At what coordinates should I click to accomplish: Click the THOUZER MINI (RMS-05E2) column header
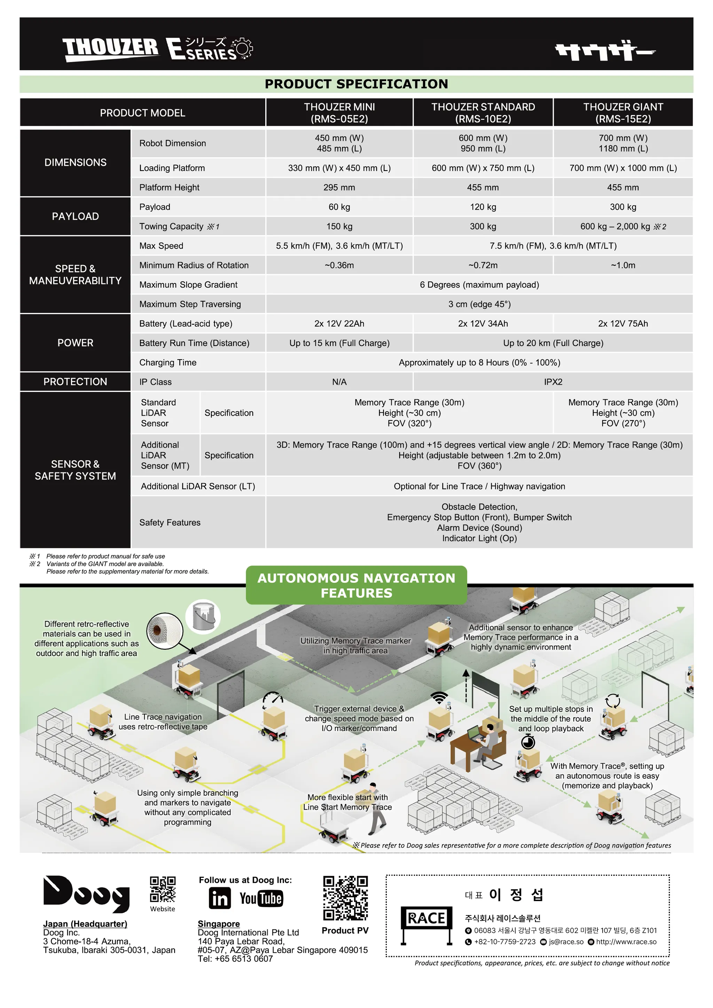click(x=339, y=113)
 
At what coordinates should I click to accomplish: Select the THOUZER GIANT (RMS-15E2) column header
click(x=622, y=113)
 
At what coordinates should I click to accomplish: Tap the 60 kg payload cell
click(x=339, y=207)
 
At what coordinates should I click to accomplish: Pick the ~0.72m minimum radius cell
click(x=483, y=265)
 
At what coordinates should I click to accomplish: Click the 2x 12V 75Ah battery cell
click(x=622, y=324)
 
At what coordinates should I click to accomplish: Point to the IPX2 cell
click(x=553, y=382)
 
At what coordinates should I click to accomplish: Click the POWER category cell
click(x=75, y=343)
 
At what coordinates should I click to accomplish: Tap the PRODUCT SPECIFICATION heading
click(x=356, y=84)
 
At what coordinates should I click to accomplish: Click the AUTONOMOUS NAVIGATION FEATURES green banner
click(x=356, y=585)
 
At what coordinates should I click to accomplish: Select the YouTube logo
click(x=261, y=898)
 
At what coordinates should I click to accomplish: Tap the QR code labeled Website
click(x=163, y=889)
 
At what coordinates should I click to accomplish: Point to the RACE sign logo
click(x=426, y=924)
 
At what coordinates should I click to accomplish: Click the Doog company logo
click(x=86, y=893)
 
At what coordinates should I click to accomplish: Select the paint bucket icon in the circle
click(x=203, y=617)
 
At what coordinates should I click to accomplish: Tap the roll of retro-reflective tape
click(x=165, y=631)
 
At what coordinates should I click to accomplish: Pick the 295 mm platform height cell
click(x=339, y=188)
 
